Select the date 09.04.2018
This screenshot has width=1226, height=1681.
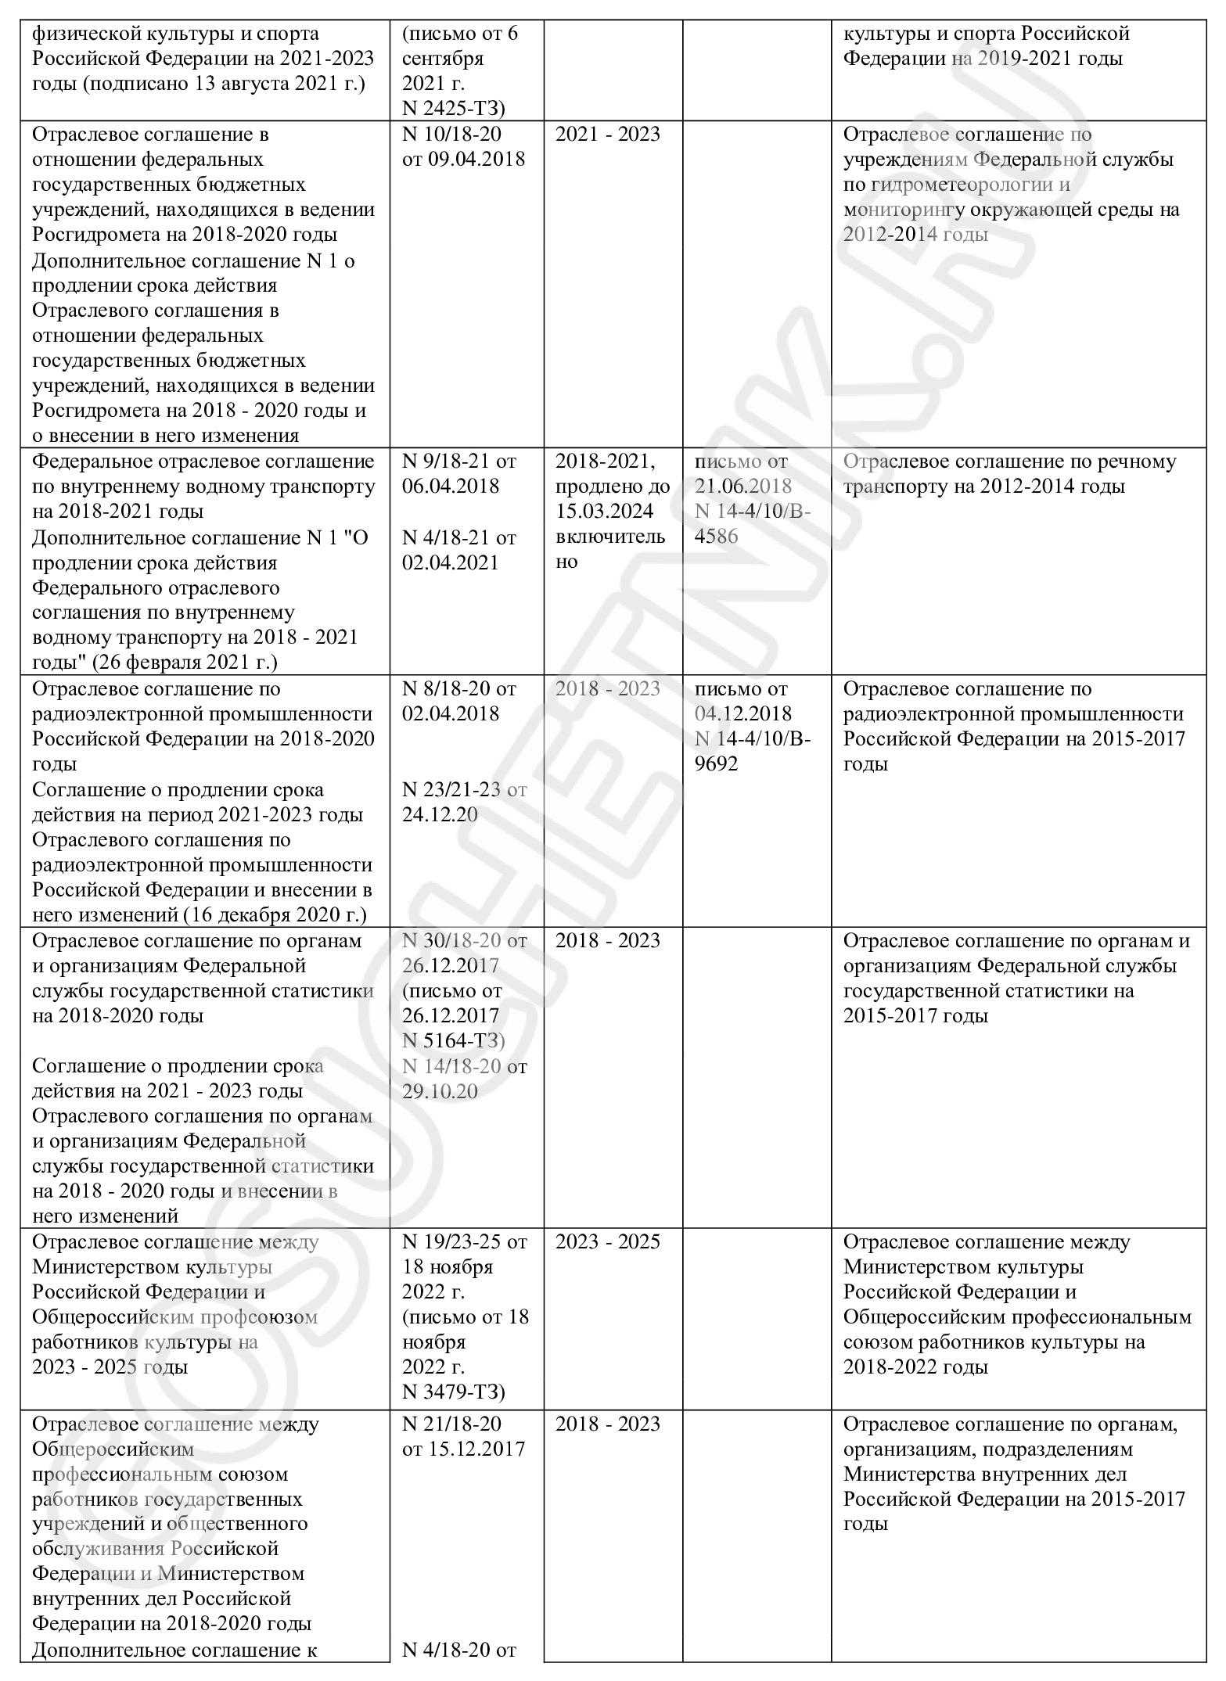coord(477,160)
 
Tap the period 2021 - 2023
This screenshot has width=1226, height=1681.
coord(608,135)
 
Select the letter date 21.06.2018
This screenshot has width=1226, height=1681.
coord(743,487)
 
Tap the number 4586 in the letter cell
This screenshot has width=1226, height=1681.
coord(717,537)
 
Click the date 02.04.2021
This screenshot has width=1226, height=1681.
coord(451,563)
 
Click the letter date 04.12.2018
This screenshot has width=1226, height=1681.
coord(743,714)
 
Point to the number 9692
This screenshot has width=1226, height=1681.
coord(717,764)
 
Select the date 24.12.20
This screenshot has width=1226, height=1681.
coord(440,815)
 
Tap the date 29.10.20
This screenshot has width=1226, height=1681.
coord(440,1092)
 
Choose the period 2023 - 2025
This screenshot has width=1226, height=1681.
coord(608,1242)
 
